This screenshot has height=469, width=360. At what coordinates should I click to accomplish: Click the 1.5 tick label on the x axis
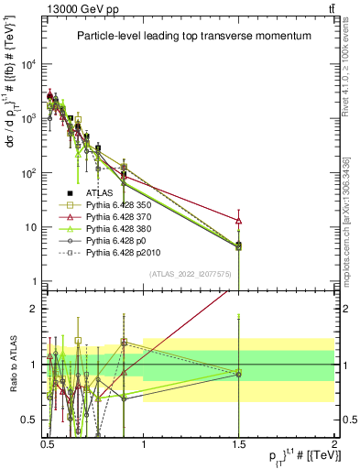tap(239, 442)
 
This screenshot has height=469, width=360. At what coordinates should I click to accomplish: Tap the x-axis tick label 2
tap(333, 442)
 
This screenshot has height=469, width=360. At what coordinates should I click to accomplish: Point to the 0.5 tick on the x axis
tap(49, 442)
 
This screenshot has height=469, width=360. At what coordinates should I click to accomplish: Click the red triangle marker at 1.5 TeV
tap(239, 221)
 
